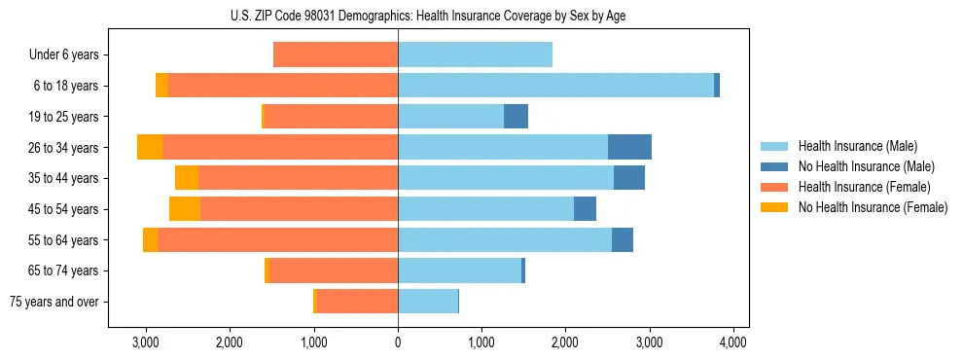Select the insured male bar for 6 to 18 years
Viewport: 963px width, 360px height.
point(555,86)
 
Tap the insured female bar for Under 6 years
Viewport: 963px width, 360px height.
point(336,54)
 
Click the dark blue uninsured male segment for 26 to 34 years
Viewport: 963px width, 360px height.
point(629,147)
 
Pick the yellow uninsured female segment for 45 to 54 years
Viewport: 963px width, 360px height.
point(185,209)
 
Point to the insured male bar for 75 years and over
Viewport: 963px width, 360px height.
point(428,302)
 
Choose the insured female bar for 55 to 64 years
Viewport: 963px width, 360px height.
point(277,240)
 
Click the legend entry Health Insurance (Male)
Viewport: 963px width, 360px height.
point(857,146)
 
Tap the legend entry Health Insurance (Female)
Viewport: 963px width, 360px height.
point(861,187)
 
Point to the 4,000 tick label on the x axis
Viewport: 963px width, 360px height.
point(732,342)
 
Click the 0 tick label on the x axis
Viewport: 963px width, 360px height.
point(398,342)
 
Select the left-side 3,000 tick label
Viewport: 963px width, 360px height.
point(146,342)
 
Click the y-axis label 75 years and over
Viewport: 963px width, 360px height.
point(54,302)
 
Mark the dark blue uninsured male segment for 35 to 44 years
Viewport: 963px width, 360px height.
point(629,178)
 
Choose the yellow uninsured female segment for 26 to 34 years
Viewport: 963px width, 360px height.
point(150,147)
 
